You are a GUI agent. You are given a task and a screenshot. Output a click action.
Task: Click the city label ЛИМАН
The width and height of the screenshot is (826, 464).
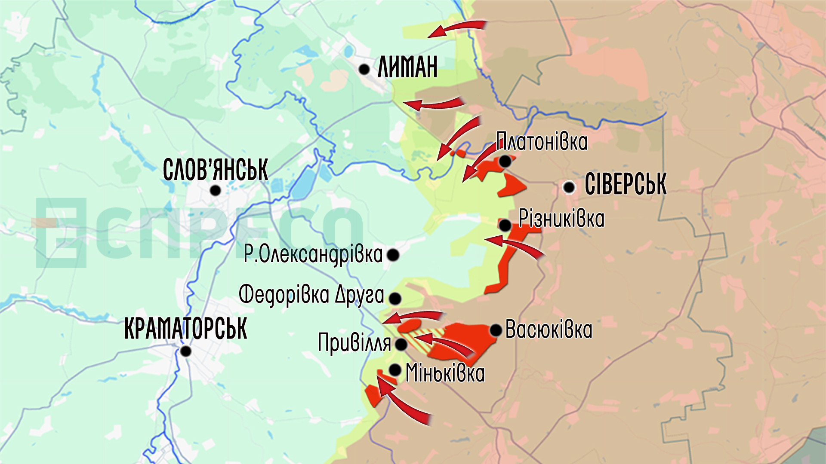(407, 67)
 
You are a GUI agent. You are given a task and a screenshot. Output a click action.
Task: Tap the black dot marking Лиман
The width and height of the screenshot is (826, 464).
(364, 69)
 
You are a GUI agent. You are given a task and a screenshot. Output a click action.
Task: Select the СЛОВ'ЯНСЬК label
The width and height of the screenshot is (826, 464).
(216, 170)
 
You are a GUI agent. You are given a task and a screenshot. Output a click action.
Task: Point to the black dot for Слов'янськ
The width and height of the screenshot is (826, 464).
(216, 190)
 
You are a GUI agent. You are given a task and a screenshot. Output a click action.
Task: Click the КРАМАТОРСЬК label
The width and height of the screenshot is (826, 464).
(185, 329)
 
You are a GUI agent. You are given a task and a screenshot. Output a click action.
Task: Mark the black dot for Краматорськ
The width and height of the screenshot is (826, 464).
(186, 351)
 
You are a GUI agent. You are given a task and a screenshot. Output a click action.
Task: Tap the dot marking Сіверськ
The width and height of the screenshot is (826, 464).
(569, 187)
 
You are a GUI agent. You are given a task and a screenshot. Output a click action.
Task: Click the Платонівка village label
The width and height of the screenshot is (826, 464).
(542, 142)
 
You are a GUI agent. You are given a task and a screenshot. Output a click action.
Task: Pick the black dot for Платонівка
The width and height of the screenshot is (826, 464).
(505, 162)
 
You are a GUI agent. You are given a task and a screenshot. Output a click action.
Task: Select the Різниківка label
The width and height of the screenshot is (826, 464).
(561, 219)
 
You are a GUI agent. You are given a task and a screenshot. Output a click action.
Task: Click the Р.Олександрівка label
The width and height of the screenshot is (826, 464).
(313, 254)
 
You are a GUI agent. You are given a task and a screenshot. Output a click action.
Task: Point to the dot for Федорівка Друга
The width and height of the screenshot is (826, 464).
(395, 298)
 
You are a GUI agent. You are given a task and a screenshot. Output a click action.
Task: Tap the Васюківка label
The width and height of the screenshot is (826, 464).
(549, 330)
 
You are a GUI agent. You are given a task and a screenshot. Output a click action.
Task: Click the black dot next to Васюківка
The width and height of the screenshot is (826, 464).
(496, 330)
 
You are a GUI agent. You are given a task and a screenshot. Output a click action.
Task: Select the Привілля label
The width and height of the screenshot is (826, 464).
(354, 343)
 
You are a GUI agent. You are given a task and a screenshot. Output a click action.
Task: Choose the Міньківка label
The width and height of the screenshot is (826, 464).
(445, 373)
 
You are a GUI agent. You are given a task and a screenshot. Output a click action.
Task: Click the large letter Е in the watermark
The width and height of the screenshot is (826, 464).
(60, 232)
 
